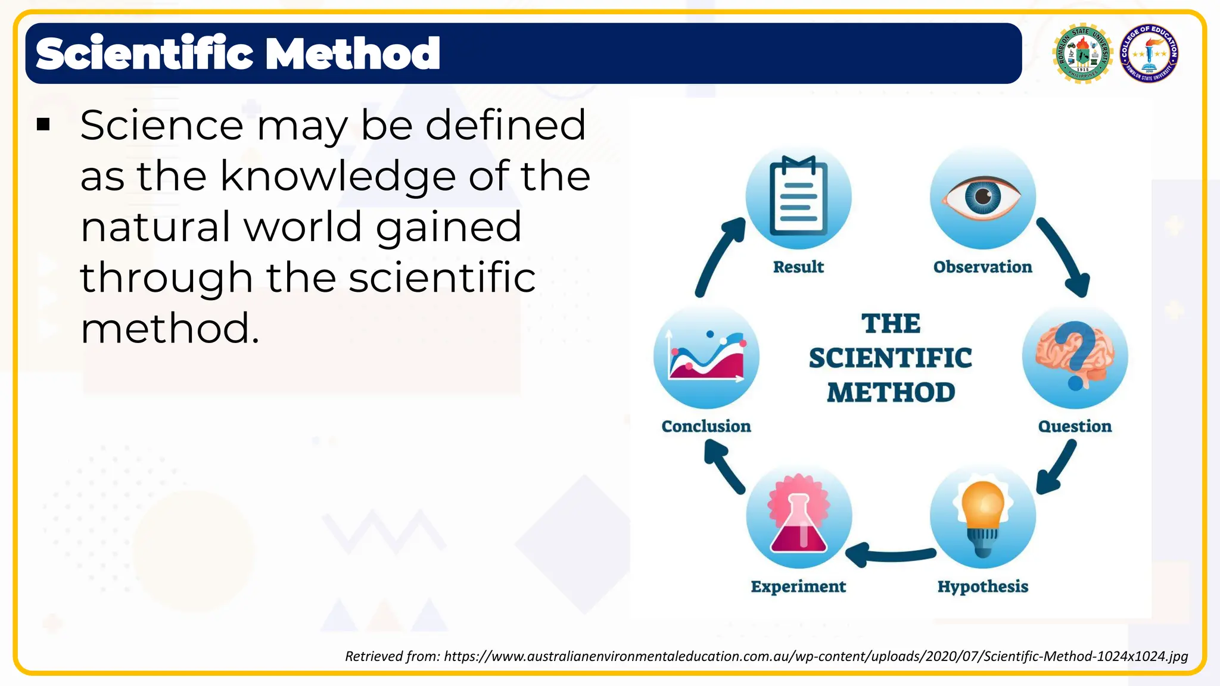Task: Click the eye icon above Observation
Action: coord(983,197)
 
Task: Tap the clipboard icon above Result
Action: coord(798,197)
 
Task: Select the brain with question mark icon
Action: coord(1075,356)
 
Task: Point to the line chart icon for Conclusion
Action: coord(707,356)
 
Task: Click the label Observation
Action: coord(983,267)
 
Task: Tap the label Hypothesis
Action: coord(983,587)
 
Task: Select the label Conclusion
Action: coord(707,426)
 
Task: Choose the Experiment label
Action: coord(798,587)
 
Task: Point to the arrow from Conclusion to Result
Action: coord(718,256)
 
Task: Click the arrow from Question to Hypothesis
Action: coord(1057,468)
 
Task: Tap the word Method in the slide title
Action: coord(353,54)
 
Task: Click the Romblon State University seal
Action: coord(1082,54)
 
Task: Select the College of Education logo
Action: coord(1149,54)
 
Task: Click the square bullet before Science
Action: coord(43,124)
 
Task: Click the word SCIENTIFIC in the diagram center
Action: coord(891,358)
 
